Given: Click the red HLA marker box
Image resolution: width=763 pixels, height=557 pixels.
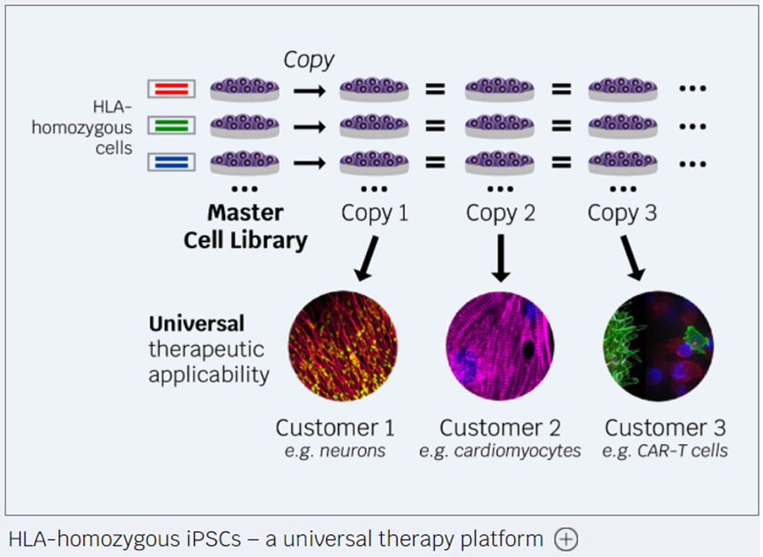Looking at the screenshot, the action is coord(172,88).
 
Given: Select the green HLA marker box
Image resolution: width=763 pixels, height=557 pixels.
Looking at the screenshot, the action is coord(172,125).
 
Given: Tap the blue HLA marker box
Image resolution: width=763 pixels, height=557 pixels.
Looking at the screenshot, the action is coord(172,162).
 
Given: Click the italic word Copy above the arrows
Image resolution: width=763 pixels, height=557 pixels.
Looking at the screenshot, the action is coord(309,60).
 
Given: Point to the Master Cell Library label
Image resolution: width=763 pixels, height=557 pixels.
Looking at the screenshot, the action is coord(245,226).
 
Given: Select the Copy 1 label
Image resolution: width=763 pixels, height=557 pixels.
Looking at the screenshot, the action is coord(374,214).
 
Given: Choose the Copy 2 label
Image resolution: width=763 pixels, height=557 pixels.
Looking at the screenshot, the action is coord(500,214).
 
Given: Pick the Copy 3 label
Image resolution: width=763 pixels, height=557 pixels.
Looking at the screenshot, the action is coord(622,214).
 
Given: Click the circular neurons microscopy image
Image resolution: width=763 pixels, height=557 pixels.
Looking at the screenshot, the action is coord(342,346).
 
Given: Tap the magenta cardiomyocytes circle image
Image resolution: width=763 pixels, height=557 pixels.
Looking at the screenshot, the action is coord(500,346).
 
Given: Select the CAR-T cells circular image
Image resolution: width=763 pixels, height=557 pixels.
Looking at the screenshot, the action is coord(658,346).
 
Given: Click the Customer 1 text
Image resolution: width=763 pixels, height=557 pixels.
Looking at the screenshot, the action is coord(335,428).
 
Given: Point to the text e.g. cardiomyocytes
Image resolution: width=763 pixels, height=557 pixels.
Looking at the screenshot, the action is coord(500,451).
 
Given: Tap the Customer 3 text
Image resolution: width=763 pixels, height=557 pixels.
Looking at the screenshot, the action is coord(665,428).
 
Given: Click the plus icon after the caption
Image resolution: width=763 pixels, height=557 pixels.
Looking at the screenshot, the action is coord(566,539).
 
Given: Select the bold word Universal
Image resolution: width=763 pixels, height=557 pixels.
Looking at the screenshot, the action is coord(197,324).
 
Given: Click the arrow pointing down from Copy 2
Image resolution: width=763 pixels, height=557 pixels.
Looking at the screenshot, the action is coord(500,259).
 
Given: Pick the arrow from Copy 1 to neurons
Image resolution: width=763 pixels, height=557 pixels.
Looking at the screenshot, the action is coord(367,259).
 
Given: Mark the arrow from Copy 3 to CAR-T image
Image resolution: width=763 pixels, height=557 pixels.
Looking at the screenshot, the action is coord(632,259).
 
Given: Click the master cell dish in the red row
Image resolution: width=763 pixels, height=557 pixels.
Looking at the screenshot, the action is coord(244,89).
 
